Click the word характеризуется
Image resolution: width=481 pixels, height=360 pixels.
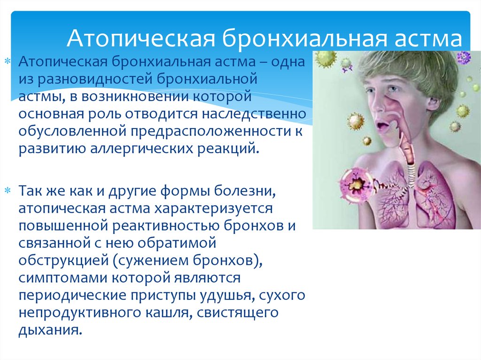click(213, 208)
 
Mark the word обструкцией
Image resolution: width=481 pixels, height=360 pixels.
click(63, 261)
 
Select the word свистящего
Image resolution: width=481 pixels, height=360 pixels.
click(237, 313)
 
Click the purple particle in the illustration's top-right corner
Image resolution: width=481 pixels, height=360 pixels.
click(463, 57)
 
